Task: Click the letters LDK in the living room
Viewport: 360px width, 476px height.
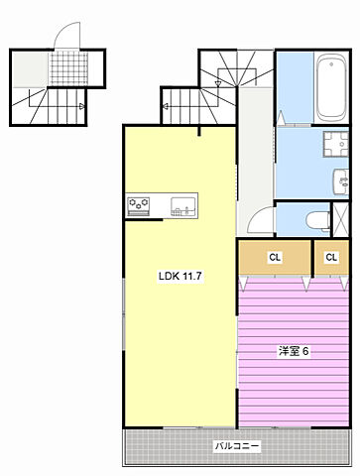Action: click(169, 276)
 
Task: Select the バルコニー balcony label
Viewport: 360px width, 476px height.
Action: click(238, 447)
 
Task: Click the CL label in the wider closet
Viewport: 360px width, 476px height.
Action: click(275, 258)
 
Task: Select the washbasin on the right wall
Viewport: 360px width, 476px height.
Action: click(340, 181)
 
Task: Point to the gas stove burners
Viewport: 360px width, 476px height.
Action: click(140, 205)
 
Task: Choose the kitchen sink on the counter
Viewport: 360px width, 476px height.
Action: click(182, 206)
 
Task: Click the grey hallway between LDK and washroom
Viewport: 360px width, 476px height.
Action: click(254, 159)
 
